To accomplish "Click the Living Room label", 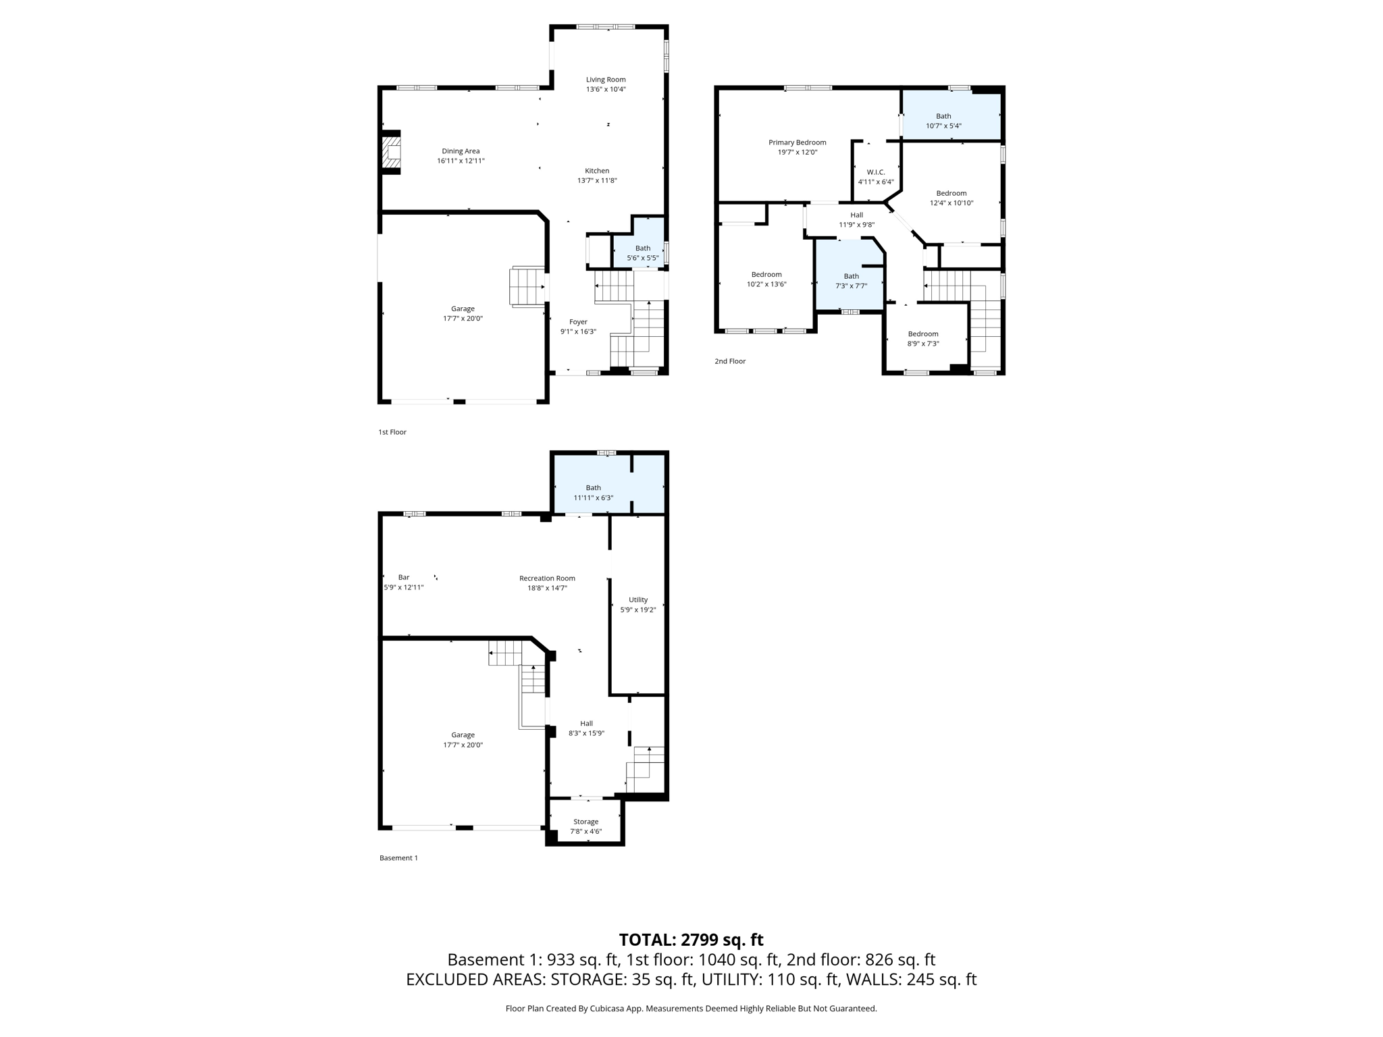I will coord(606,80).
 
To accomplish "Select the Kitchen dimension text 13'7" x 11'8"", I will coord(597,180).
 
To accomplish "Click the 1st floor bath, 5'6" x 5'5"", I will coord(642,252).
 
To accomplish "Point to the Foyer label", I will coord(578,322).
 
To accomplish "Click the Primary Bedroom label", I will coord(797,142).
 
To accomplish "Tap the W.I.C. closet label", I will coord(876,172).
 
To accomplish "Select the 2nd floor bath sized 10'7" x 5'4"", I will coord(943,121).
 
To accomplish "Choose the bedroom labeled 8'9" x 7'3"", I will coord(922,338).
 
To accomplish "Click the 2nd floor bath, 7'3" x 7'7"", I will coord(851,280).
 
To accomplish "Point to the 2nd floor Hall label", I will coord(856,215).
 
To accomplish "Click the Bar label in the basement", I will coord(404,577).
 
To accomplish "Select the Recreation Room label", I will coord(547,578).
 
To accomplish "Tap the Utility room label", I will coord(638,600).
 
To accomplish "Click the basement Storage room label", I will coord(585,822).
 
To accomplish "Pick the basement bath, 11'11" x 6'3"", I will coord(593,492).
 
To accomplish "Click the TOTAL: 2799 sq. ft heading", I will coord(691,940).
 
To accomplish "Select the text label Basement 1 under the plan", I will coord(398,858).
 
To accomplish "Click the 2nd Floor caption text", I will coord(730,361).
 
